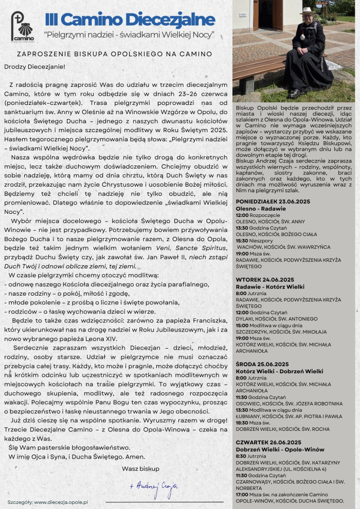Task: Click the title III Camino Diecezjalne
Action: click(130, 20)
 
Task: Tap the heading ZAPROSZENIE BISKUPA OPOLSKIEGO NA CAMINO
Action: click(114, 53)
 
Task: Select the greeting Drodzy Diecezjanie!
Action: click(35, 66)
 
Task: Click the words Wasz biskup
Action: click(140, 468)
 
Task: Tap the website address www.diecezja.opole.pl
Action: click(61, 501)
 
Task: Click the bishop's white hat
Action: click(307, 11)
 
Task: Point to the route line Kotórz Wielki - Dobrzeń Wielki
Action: click(279, 371)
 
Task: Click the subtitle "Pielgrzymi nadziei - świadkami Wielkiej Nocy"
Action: click(130, 35)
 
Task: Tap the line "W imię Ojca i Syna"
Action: click(77, 457)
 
